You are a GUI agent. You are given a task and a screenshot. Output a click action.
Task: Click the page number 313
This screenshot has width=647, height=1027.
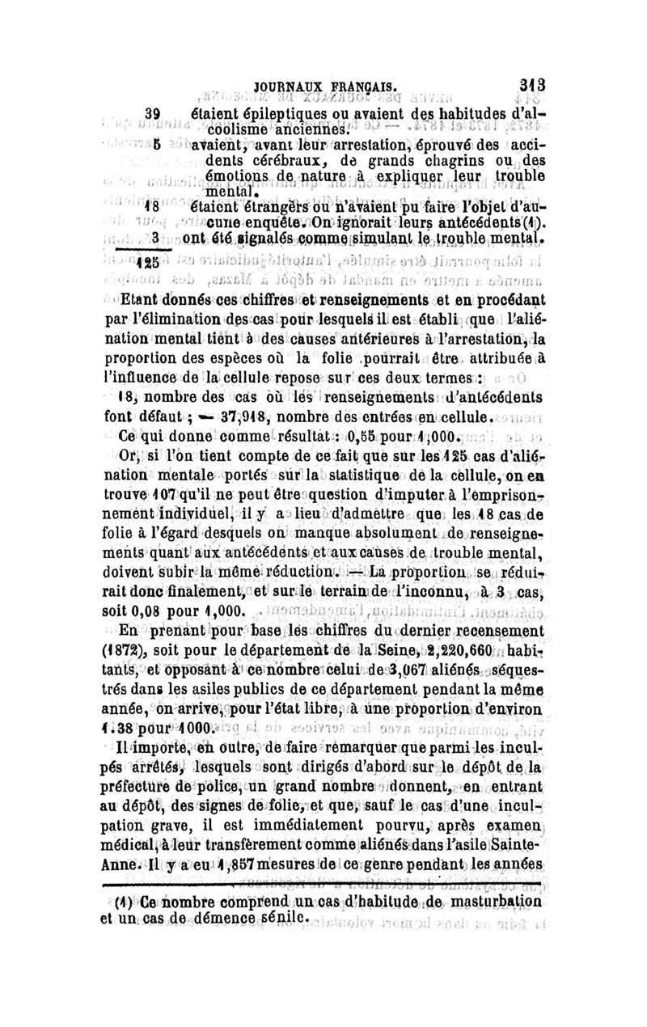point(536,83)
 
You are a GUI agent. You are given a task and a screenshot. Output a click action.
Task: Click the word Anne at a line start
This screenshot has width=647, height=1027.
point(114,864)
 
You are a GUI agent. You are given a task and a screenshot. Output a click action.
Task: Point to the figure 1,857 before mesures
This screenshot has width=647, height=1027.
point(239,864)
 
